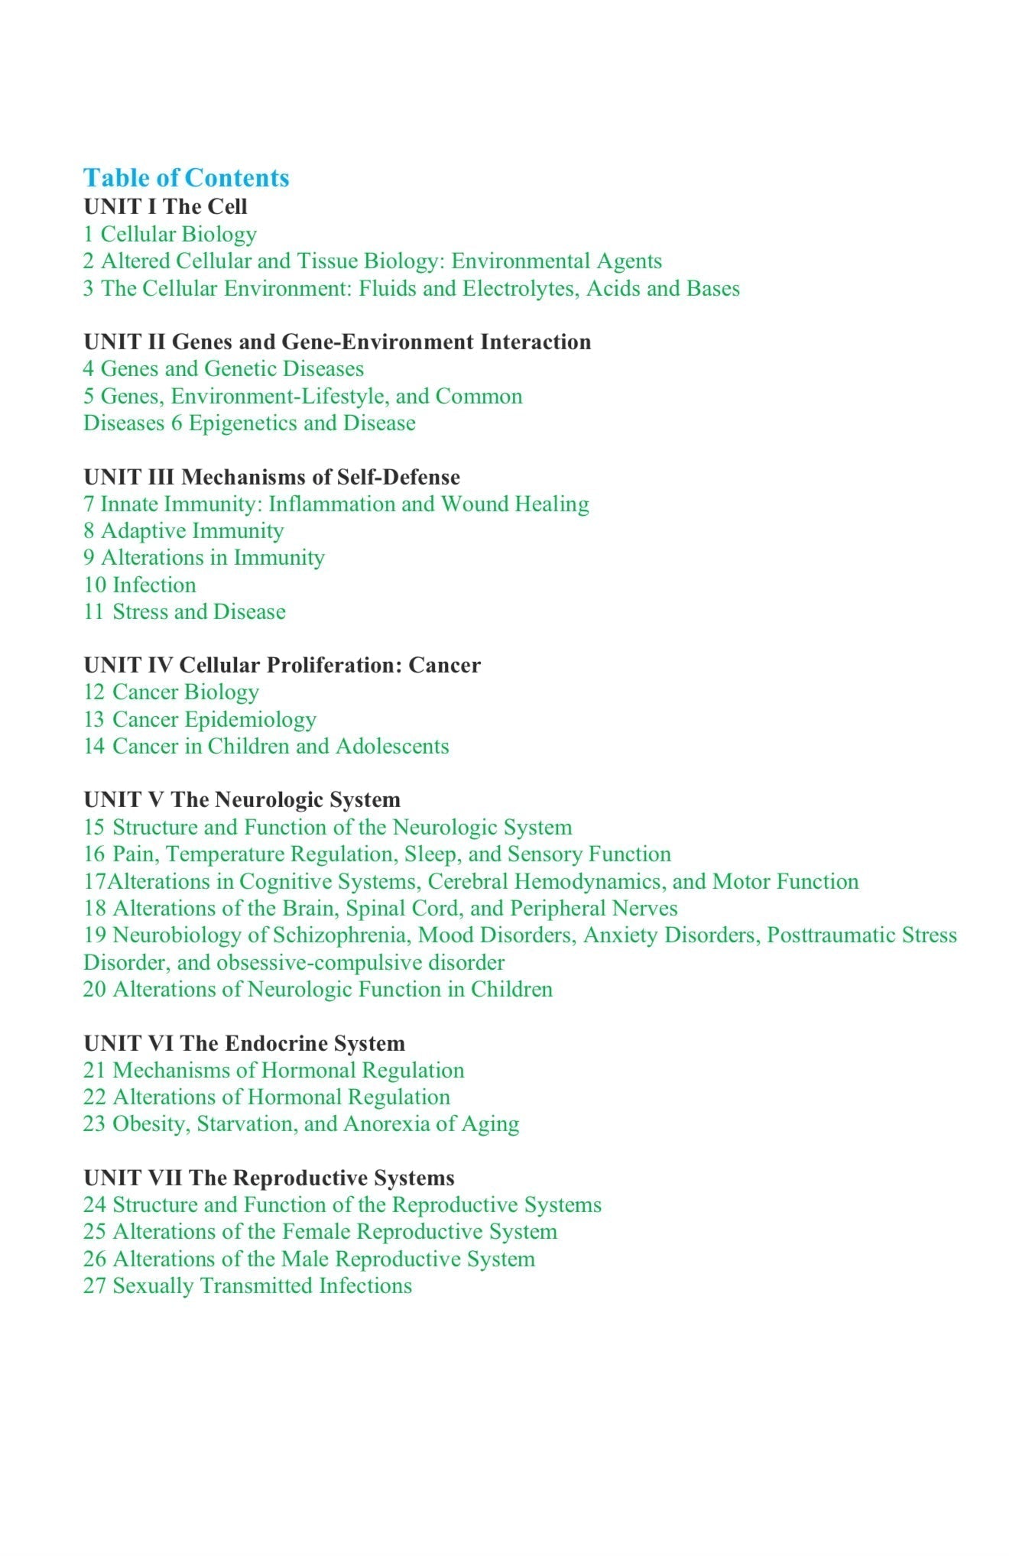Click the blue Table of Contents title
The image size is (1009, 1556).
click(186, 177)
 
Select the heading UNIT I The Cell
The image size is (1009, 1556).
click(165, 206)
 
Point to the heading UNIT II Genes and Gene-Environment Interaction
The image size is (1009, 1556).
click(337, 342)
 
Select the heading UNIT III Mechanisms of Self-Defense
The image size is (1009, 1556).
click(271, 477)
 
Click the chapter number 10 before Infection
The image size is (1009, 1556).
click(95, 585)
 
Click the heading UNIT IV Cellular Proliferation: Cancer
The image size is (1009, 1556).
click(282, 665)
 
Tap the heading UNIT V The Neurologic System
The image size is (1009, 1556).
click(242, 799)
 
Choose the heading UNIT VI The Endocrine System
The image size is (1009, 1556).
click(244, 1043)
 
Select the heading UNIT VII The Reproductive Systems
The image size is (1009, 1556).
click(268, 1178)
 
